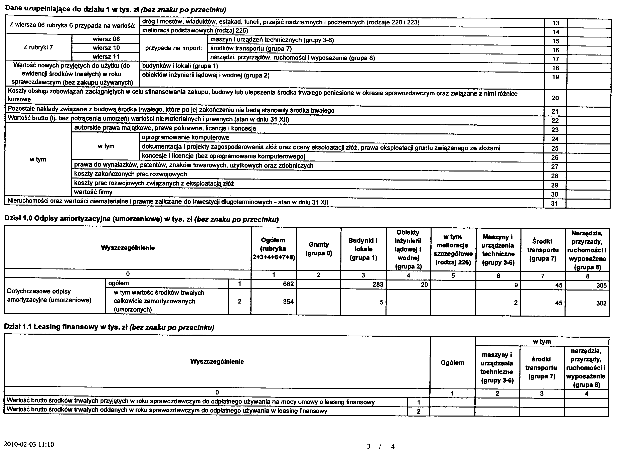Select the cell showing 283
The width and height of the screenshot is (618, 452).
tap(378, 284)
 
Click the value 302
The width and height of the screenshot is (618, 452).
tap(601, 303)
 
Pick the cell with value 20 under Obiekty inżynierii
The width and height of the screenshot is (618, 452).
tap(424, 285)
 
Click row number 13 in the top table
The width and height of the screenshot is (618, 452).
tap(556, 23)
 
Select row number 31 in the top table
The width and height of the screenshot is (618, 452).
tap(554, 203)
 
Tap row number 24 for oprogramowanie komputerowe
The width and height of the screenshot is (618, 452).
tap(555, 139)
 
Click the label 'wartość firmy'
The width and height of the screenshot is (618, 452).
tap(93, 192)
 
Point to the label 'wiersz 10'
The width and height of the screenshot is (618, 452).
tap(106, 48)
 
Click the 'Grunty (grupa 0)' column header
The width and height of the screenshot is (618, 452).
tap(319, 249)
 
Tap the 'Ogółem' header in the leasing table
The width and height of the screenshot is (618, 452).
tap(452, 362)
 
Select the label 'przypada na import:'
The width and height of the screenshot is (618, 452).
tap(174, 48)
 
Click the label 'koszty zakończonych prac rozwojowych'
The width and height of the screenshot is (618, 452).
tap(130, 174)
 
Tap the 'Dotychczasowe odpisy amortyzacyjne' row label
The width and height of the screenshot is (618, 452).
tap(49, 296)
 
